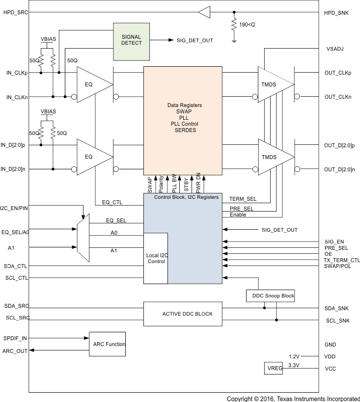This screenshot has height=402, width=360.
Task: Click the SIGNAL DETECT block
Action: click(131, 40)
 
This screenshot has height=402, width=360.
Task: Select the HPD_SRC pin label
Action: click(16, 12)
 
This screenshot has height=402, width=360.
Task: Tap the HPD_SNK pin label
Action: click(336, 12)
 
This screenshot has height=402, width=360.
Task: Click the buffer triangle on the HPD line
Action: click(204, 12)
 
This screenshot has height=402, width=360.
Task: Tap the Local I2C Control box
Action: click(156, 258)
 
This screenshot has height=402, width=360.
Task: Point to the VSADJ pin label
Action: click(335, 49)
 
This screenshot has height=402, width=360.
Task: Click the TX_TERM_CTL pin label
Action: click(341, 260)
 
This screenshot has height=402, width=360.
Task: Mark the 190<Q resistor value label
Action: click(248, 24)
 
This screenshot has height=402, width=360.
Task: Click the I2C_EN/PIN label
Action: click(15, 208)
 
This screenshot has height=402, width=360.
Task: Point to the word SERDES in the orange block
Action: click(185, 131)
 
